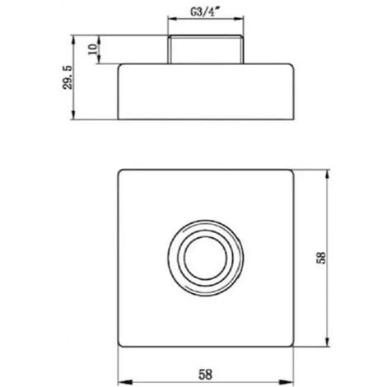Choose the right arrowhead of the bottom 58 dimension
[x=292, y=381]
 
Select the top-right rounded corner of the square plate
[x=292, y=172]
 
